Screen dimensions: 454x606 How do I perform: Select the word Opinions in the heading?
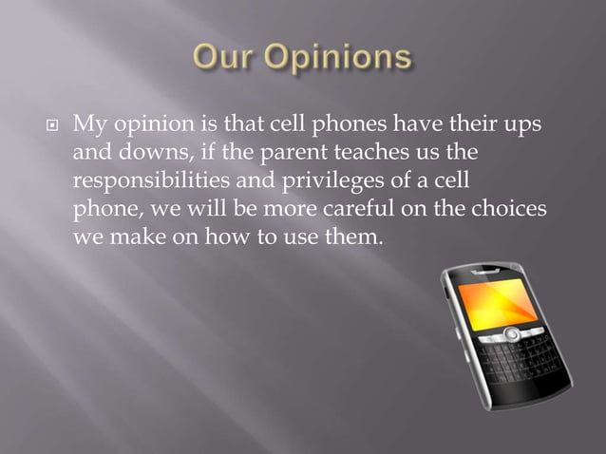coord(341,57)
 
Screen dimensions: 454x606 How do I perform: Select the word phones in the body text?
coord(318,124)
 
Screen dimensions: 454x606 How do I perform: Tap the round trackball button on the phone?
coord(510,333)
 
